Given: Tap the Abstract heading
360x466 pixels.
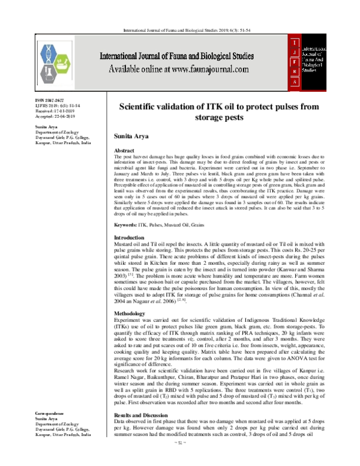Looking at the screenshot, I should tap(124, 151).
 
